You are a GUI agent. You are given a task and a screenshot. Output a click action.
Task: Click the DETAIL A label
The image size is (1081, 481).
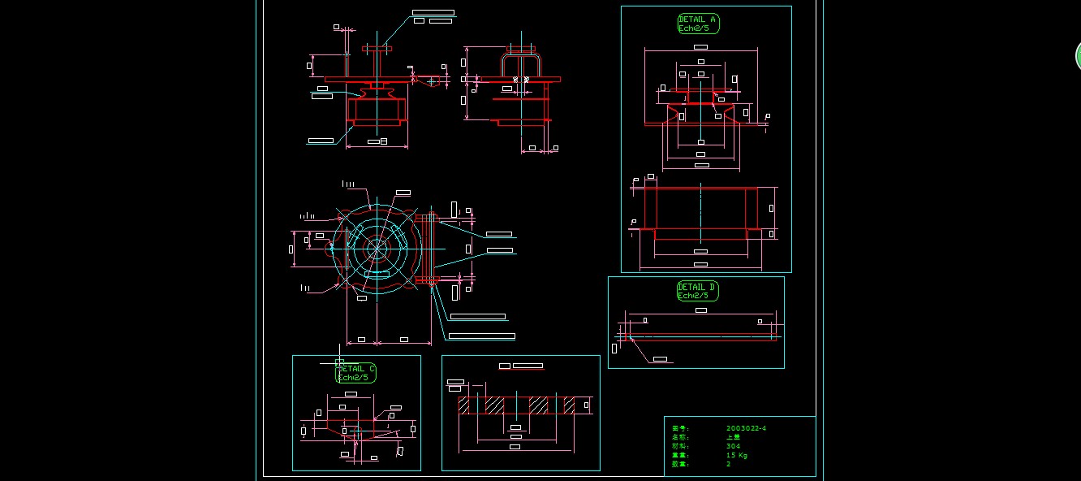tap(697, 19)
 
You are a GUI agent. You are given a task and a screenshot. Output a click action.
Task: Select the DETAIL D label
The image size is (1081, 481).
tap(697, 287)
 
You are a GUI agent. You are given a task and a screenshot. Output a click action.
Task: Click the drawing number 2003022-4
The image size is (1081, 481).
tap(746, 428)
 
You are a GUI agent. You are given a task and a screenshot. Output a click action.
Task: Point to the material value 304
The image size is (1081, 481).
tap(733, 446)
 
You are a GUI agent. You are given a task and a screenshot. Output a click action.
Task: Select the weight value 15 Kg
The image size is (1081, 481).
tap(736, 455)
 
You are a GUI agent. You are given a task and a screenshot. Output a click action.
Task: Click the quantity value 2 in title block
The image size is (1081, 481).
tap(728, 464)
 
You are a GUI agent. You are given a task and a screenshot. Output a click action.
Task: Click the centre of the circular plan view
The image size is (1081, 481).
tap(376, 247)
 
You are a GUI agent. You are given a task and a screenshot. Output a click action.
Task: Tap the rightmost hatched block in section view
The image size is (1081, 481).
tap(569, 404)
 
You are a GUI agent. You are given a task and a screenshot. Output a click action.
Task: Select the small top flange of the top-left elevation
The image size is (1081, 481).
tap(377, 50)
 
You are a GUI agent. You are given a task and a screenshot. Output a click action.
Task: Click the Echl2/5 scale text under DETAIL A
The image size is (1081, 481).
tap(698, 28)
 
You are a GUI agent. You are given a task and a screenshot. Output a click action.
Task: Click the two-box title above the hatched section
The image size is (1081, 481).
tap(520, 366)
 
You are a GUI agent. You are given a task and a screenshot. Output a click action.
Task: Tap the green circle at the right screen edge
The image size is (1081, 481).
tap(1078, 55)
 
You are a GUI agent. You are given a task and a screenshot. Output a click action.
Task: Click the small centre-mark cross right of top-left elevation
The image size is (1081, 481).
tap(431, 80)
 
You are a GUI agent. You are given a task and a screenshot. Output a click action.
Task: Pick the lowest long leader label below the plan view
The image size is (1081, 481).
tap(481, 336)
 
